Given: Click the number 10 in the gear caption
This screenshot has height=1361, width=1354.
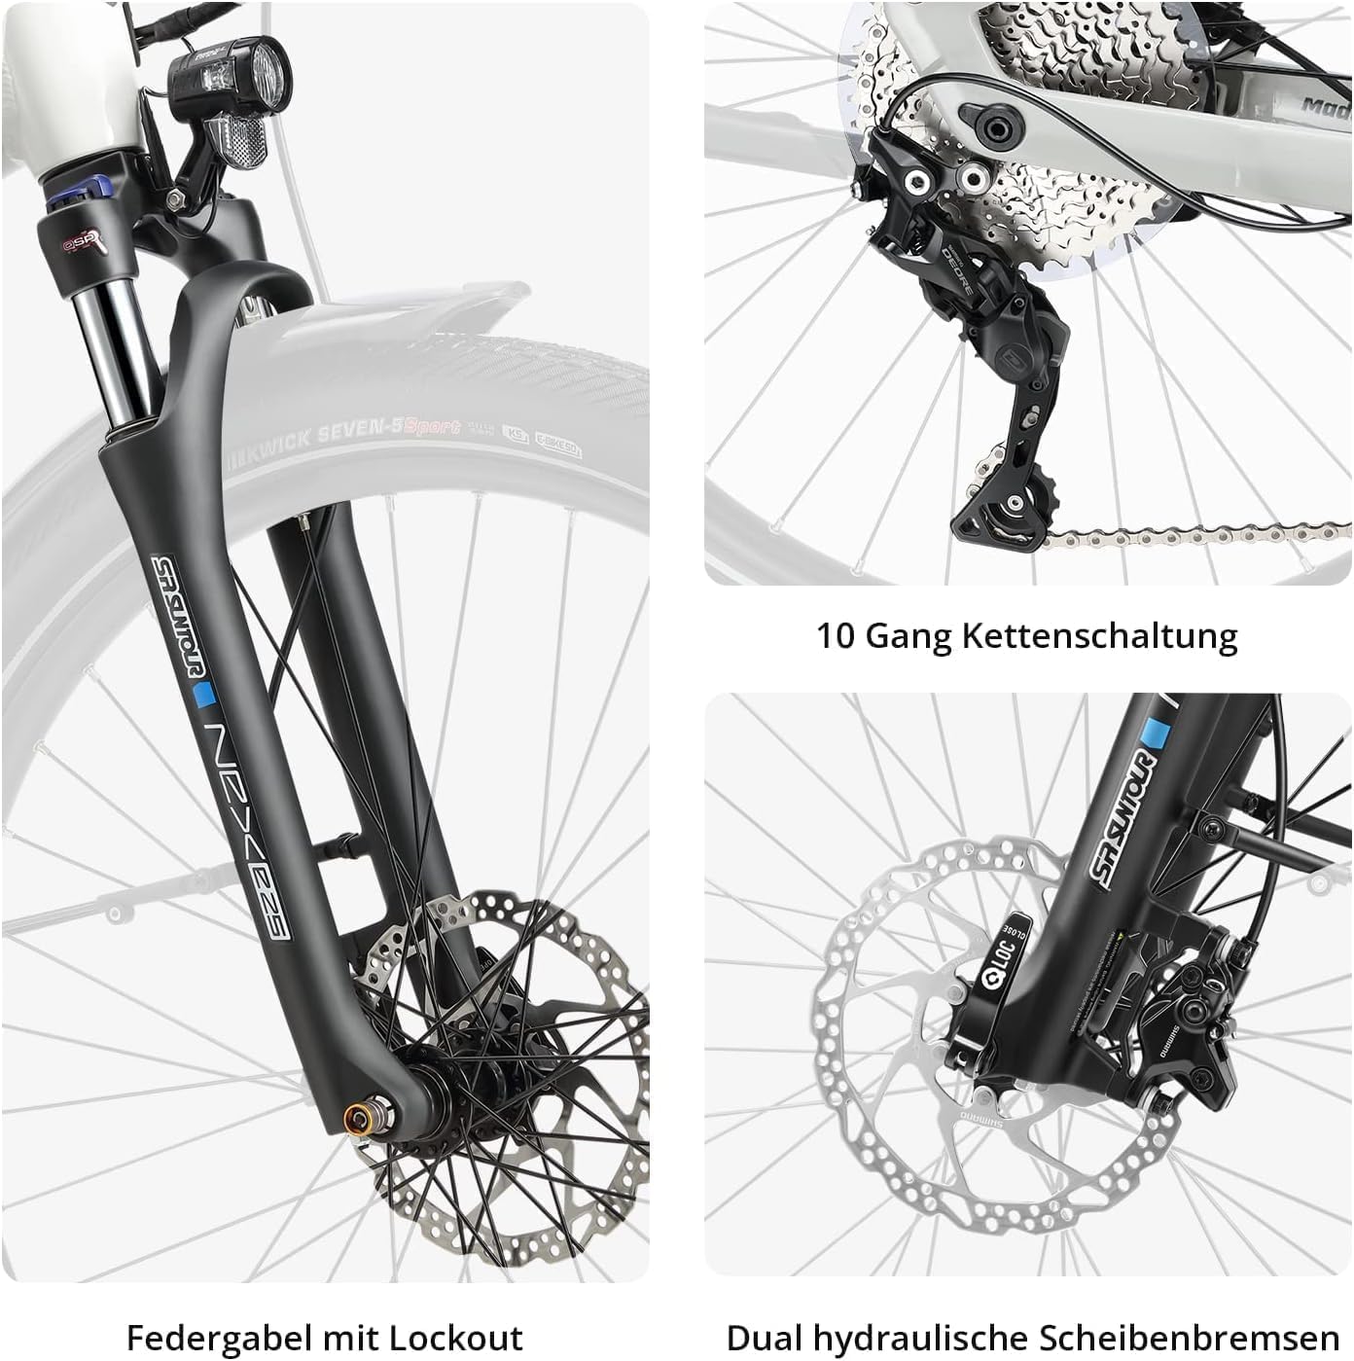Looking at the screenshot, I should [x=835, y=636].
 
